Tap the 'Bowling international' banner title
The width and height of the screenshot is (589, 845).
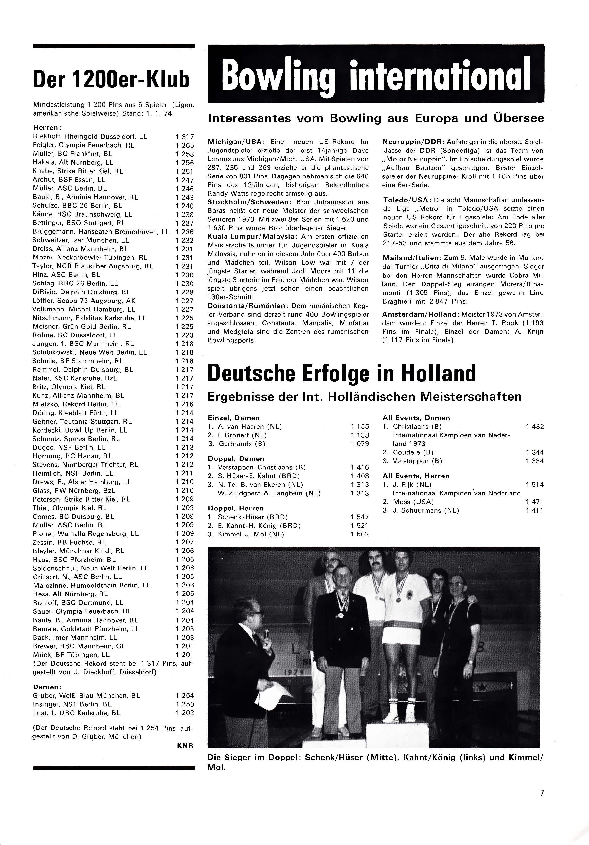pyautogui.click(x=376, y=75)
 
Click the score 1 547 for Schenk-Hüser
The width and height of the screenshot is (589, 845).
pyautogui.click(x=360, y=517)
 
